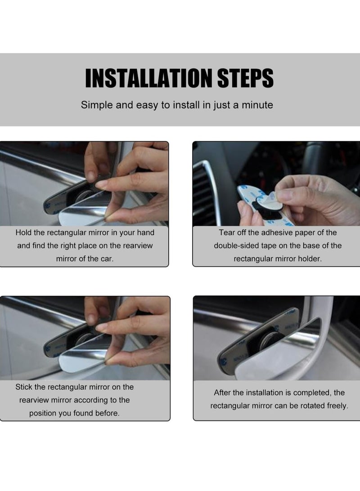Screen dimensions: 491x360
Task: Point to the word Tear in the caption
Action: click(228, 233)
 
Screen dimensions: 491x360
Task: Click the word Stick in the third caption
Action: click(24, 387)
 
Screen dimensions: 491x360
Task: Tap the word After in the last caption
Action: click(223, 393)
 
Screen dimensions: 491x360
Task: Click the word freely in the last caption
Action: click(337, 406)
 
